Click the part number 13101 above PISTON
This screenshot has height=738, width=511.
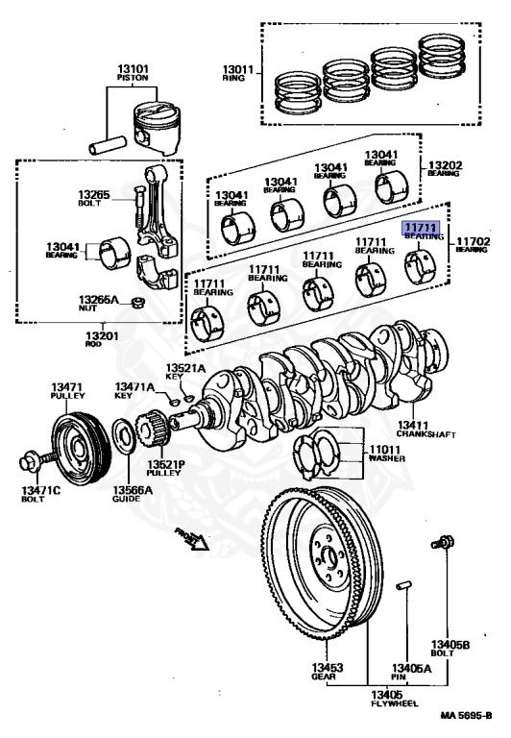click(133, 69)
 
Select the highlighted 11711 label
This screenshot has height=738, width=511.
click(420, 229)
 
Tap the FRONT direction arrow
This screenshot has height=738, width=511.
click(192, 537)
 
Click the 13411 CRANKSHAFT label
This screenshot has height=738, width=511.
click(426, 429)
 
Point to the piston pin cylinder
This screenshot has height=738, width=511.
click(108, 145)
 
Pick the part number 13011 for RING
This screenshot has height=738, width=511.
click(238, 69)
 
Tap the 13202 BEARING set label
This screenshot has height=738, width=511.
click(445, 168)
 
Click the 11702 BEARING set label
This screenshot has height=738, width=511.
click(473, 245)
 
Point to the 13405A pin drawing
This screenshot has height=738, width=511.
click(403, 585)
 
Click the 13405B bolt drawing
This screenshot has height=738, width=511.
click(442, 542)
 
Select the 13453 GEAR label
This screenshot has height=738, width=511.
click(327, 671)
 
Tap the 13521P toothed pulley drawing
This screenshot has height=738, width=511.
click(151, 430)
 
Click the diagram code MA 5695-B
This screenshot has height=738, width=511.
click(466, 715)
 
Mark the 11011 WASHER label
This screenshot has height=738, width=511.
click(387, 454)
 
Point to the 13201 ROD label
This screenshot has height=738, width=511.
click(102, 339)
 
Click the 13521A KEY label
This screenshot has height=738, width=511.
click(185, 372)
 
